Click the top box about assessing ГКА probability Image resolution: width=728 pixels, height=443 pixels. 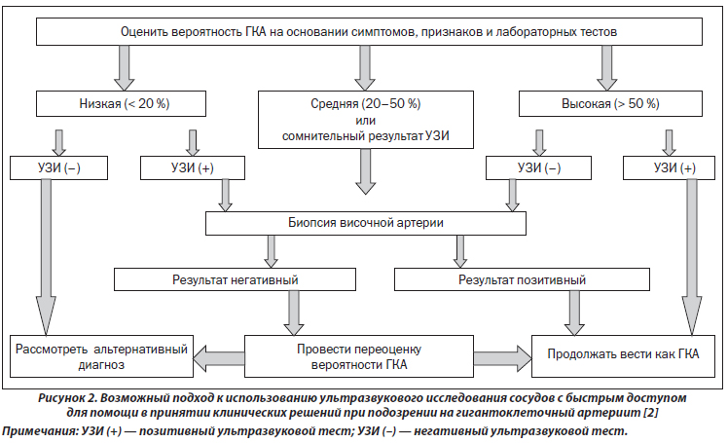click(x=369, y=31)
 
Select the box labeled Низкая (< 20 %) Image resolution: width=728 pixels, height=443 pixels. click(x=122, y=103)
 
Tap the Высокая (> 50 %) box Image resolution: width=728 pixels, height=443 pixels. click(x=610, y=103)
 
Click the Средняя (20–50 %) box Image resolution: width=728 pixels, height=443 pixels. click(x=366, y=120)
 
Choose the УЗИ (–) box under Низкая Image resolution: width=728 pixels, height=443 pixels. click(x=59, y=167)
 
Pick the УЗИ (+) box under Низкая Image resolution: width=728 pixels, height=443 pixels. click(x=193, y=167)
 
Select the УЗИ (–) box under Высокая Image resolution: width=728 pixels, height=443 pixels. click(x=538, y=167)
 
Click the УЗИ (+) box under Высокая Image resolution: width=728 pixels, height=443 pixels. click(x=669, y=167)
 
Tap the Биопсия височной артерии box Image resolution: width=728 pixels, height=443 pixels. click(x=366, y=223)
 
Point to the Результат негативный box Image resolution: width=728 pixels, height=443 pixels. click(x=235, y=279)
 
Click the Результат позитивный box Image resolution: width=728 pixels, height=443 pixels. click(x=522, y=279)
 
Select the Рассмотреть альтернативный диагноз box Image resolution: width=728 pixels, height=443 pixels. click(x=101, y=356)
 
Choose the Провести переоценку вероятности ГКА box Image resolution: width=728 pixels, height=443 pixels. click(x=359, y=356)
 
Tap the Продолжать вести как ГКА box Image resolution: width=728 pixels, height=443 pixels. click(x=623, y=356)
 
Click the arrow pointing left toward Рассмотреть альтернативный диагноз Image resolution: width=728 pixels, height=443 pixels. click(x=219, y=358)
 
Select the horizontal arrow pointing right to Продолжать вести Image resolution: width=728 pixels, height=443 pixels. click(x=503, y=358)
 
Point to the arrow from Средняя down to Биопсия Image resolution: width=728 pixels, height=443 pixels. click(x=366, y=171)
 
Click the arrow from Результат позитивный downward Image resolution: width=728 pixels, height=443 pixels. click(x=574, y=313)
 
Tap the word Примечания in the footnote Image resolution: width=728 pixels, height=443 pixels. click(x=39, y=431)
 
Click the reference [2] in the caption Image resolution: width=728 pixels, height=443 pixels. click(x=651, y=413)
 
